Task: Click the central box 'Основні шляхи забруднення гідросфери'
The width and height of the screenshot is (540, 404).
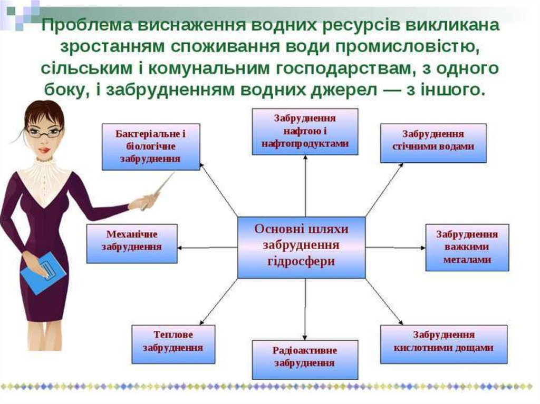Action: tap(301, 247)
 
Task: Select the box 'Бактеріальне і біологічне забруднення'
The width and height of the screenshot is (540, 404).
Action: tap(150, 146)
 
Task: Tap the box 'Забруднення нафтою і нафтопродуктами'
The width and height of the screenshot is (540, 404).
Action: tap(305, 131)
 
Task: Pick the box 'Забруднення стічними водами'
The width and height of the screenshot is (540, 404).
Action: tap(433, 142)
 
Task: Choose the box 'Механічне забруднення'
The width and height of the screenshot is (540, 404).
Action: tap(132, 243)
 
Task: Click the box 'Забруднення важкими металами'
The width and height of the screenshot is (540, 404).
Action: tap(467, 247)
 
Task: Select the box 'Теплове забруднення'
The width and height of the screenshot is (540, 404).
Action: tap(173, 344)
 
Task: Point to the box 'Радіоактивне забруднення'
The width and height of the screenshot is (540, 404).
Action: tap(305, 359)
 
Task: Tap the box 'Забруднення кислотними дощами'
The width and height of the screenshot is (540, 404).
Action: tap(443, 344)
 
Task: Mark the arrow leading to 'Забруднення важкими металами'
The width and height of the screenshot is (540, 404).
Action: tap(396, 247)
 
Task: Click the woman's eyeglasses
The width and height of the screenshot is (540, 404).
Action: tap(44, 132)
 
